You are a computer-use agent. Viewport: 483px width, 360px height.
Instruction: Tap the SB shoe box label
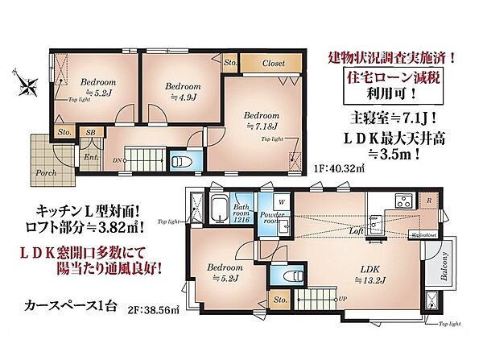[x=91, y=132]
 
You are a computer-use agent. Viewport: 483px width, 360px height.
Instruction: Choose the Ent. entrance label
[x=90, y=157]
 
